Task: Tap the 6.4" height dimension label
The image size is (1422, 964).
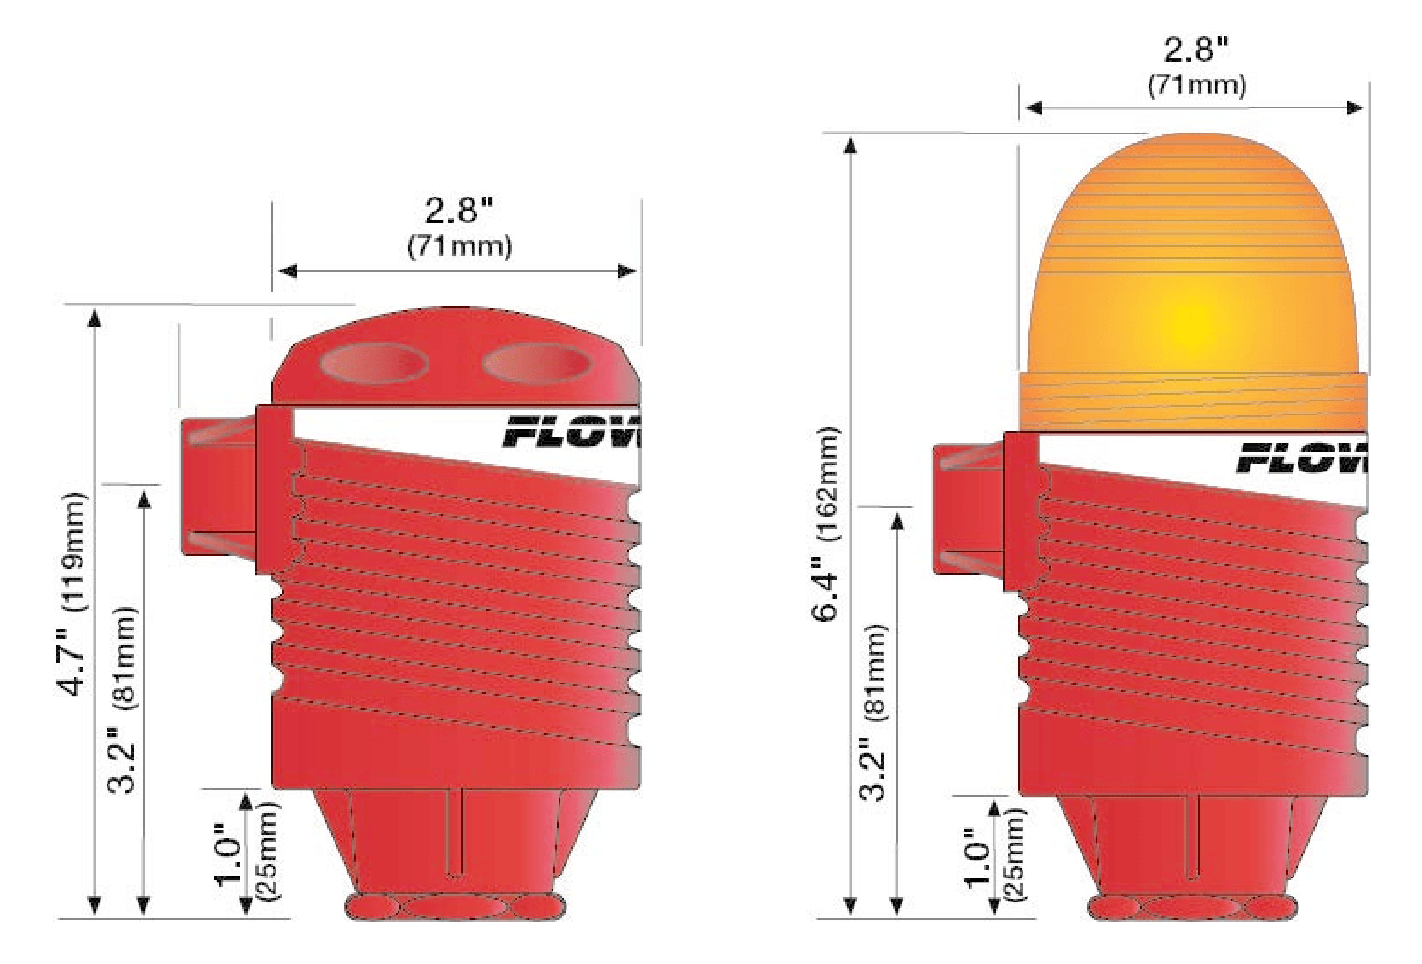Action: coord(825,590)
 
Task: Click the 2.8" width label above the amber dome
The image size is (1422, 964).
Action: coord(1196,50)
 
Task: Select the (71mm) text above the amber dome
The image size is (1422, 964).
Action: coord(1196,86)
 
